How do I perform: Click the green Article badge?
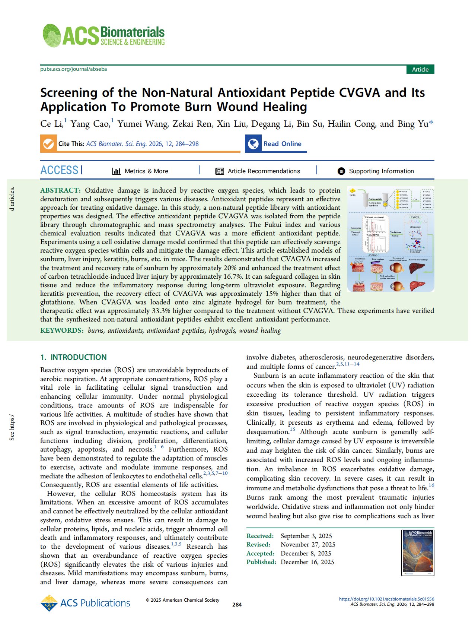point(420,69)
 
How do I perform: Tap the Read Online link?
point(282,144)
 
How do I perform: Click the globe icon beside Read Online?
point(254,144)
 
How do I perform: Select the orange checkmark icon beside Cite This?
point(48,144)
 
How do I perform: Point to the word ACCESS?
point(59,170)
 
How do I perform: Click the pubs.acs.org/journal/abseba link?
point(73,69)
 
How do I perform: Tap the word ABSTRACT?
point(60,190)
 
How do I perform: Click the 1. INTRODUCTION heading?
point(73,357)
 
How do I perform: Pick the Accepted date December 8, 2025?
point(306,553)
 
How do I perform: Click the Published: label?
point(261,562)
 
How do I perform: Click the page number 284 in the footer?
point(237,605)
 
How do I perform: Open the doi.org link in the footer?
point(386,599)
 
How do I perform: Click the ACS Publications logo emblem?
point(49,603)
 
